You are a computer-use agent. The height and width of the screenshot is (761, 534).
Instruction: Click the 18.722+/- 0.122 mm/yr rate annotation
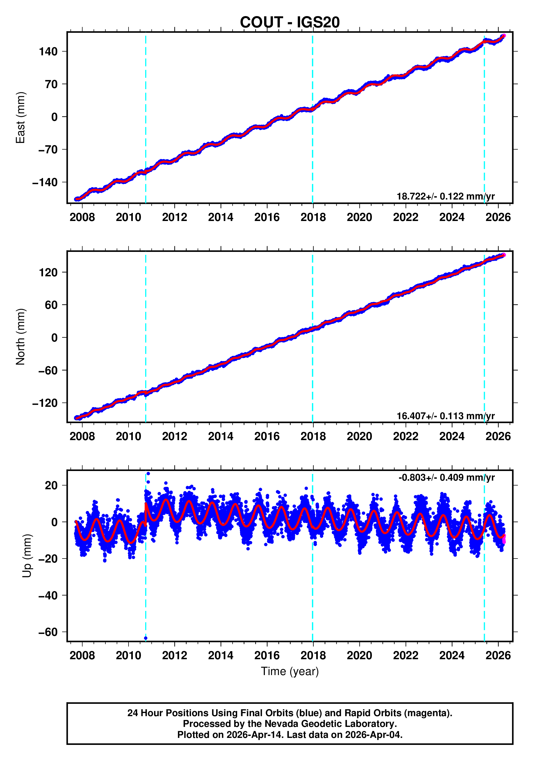pos(445,196)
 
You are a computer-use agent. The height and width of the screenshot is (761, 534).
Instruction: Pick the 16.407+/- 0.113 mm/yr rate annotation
pos(445,416)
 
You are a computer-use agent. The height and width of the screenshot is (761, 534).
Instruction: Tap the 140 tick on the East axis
pos(48,52)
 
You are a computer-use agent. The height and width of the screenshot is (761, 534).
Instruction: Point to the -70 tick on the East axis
pos(48,150)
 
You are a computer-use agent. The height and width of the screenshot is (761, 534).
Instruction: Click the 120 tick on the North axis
pos(48,273)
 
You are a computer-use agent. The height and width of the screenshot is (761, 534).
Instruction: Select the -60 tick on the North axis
pos(48,371)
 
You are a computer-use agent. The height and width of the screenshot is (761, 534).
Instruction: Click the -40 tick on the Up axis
pos(48,596)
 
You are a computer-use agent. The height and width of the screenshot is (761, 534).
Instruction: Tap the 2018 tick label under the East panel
pos(313,218)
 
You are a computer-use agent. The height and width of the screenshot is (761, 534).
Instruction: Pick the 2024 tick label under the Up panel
pos(452,655)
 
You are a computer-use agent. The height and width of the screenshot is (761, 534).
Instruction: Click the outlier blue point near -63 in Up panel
pos(146,638)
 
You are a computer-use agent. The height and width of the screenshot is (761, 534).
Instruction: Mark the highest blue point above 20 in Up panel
pos(148,474)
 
